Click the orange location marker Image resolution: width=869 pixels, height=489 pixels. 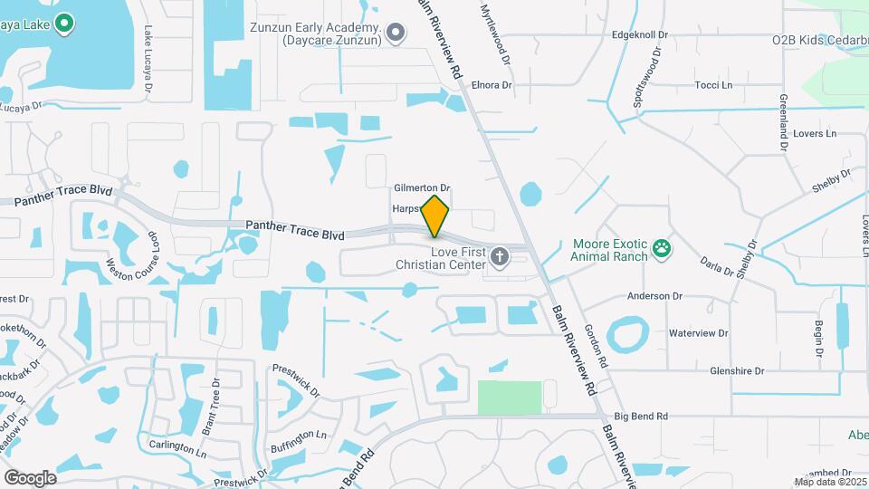point(435,216)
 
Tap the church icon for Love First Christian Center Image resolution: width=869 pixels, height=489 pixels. point(499,258)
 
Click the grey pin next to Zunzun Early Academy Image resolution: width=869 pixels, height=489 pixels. point(396,34)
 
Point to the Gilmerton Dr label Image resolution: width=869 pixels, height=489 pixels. point(422,188)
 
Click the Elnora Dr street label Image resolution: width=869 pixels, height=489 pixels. point(492,85)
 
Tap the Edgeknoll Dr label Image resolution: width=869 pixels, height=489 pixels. point(640,35)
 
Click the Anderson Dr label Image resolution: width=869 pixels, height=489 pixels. point(654,296)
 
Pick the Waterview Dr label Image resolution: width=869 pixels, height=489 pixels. point(698,333)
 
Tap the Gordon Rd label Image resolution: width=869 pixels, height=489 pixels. point(593,342)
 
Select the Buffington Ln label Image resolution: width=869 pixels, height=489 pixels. point(298,436)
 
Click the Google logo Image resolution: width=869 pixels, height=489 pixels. point(30,477)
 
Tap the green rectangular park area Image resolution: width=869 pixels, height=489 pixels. point(510,398)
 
